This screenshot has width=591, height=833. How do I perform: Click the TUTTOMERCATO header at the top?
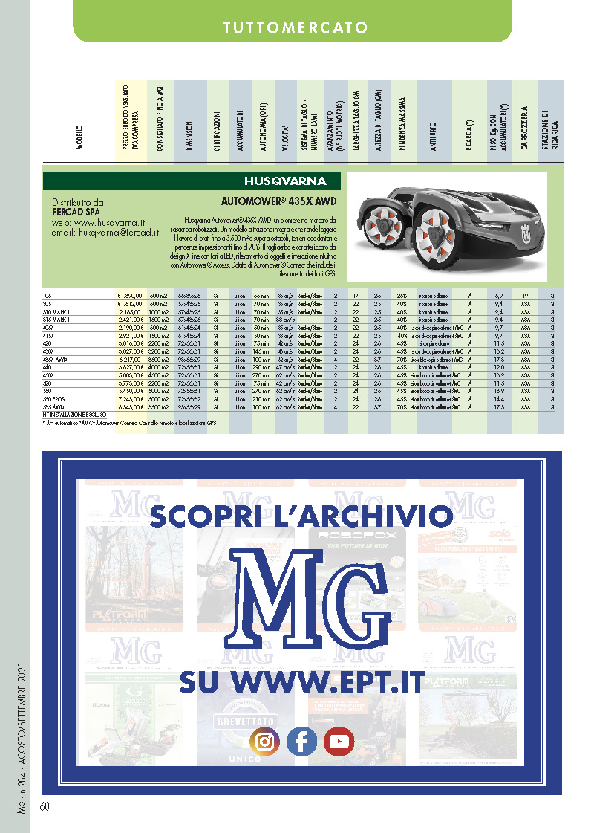coord(295,28)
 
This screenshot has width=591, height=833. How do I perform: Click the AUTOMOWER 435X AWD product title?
coord(280,201)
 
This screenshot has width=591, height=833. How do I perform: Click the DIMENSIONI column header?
coord(190,134)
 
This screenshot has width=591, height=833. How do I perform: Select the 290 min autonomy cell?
coord(261,367)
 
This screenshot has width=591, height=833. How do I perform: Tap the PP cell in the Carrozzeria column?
coord(525,296)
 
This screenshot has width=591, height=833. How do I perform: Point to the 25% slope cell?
coord(402,296)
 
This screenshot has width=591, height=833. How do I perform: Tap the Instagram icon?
coord(264,741)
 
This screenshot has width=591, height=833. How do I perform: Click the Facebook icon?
coord(301,741)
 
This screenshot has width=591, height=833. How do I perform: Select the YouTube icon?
coord(339,741)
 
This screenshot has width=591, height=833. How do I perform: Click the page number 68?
coord(45,806)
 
